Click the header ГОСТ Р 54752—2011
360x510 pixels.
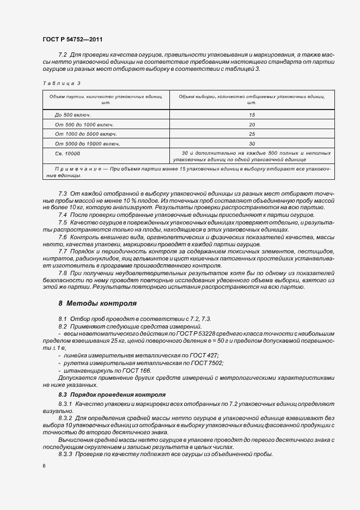(x=72, y=40)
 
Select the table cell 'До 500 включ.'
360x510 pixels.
(x=72, y=115)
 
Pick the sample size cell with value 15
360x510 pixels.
(x=252, y=115)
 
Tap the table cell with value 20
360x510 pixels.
(x=252, y=124)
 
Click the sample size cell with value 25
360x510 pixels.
(x=252, y=133)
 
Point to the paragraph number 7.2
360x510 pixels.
(x=62, y=55)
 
